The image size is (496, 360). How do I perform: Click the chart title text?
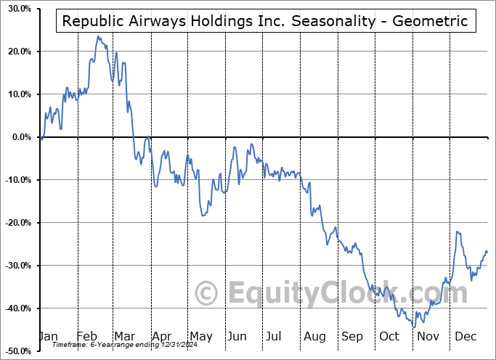[267, 21]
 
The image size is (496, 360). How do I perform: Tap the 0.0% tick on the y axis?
[20, 137]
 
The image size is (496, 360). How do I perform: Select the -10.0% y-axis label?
[17, 180]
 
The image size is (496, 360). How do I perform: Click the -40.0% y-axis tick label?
[17, 308]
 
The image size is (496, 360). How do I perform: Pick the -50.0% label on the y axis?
[17, 351]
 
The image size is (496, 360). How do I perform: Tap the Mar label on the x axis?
[125, 336]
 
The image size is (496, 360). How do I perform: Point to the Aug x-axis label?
[314, 336]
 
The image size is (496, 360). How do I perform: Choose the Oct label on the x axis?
[390, 336]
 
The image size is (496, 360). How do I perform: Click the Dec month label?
[465, 336]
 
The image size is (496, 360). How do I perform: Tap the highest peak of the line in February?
[97, 36]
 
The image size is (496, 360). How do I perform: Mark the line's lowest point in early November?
[415, 327]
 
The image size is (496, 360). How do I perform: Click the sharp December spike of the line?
[458, 232]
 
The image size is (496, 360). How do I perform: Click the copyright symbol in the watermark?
[207, 294]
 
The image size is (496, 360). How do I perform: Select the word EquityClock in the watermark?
[349, 294]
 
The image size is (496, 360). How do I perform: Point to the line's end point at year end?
[487, 252]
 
